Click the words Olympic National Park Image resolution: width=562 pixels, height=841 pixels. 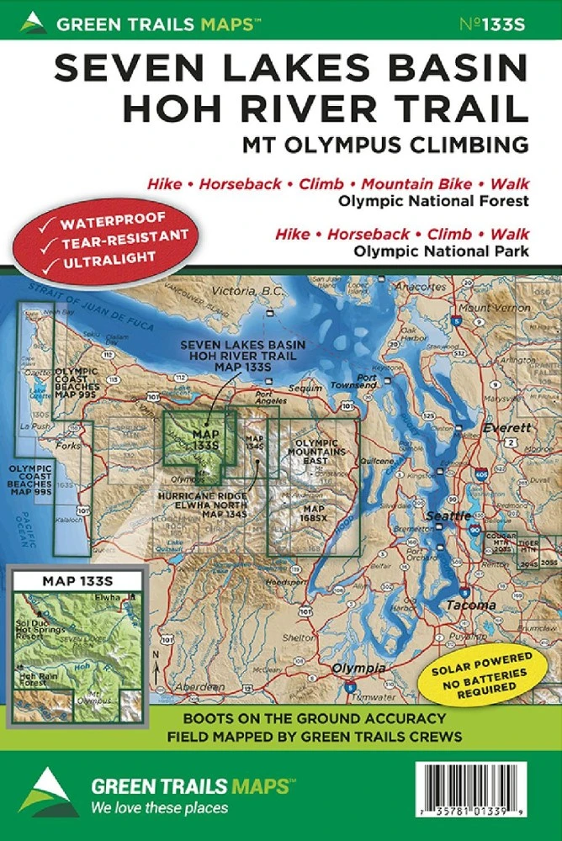point(442,250)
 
